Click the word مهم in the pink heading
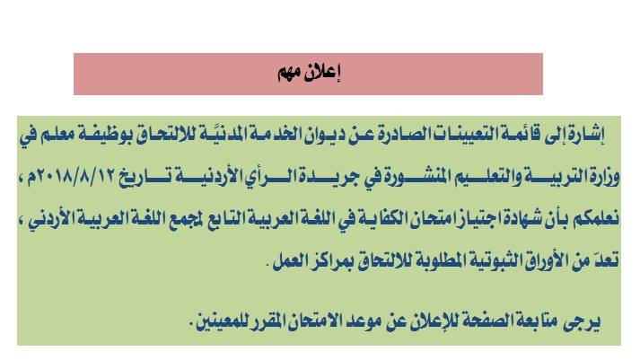click(x=290, y=74)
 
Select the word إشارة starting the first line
click(x=585, y=135)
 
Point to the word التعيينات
click(x=449, y=135)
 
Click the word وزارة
click(x=604, y=176)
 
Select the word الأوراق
click(x=550, y=259)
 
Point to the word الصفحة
click(x=480, y=321)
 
